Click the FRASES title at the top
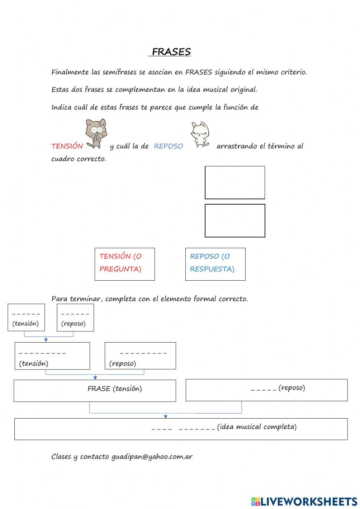171,52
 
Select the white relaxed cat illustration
200,134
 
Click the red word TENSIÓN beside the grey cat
67,146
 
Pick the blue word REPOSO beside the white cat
168,146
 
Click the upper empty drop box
235,183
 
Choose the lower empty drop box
235,221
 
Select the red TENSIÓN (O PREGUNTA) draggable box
125,264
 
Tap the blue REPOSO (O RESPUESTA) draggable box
215,264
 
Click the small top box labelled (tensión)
26,317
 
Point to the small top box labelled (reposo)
75,317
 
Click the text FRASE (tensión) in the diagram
115,389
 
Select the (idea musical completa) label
257,427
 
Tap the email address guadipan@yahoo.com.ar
152,457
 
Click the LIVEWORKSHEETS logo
304,501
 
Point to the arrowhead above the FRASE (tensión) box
95,378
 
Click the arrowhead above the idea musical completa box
166,416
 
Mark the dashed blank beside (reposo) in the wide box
264,389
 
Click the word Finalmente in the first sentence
70,72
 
